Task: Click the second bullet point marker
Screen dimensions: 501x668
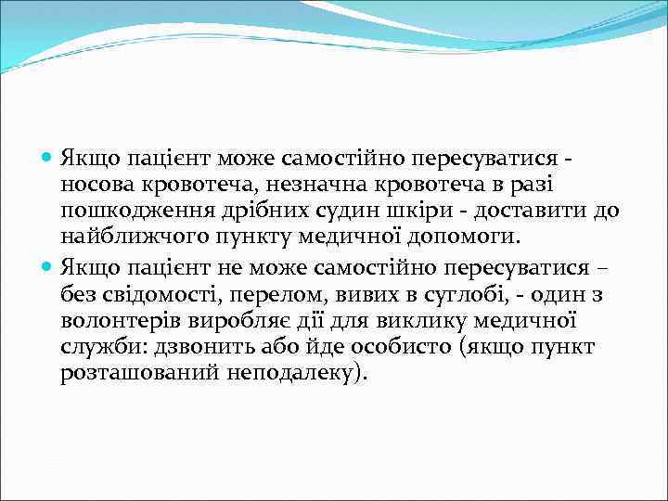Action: pos(48,268)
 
